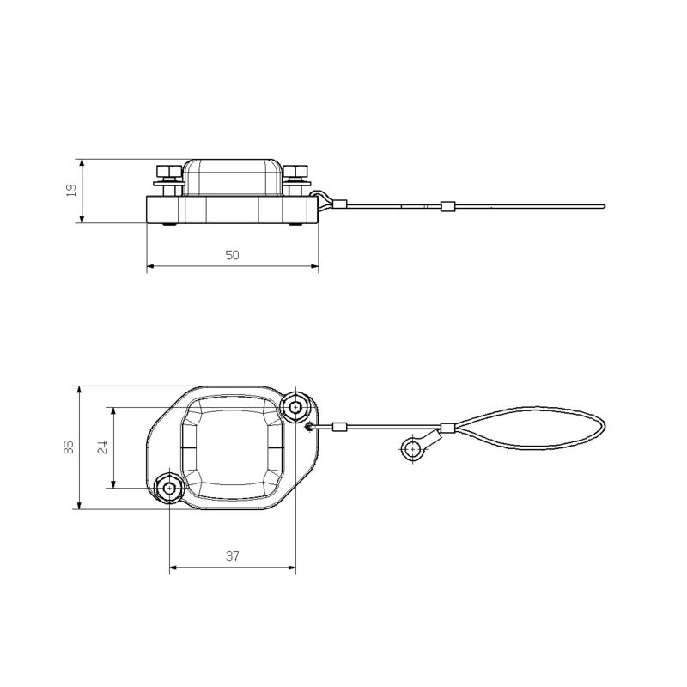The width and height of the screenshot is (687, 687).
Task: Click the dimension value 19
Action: [72, 191]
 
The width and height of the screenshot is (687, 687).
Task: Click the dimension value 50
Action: [232, 255]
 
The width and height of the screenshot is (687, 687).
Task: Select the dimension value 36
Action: [69, 447]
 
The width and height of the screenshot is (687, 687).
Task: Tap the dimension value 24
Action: [101, 447]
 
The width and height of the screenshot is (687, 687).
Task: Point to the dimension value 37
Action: [232, 556]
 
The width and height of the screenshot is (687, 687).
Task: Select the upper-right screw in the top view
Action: [297, 405]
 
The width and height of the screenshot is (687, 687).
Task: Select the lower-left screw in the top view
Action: [168, 489]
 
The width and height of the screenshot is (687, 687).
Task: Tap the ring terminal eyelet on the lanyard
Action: [412, 448]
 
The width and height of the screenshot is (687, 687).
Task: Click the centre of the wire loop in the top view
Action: [532, 427]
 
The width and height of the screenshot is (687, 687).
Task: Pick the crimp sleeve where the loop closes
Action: [447, 428]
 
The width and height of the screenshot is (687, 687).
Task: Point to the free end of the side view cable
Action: [604, 205]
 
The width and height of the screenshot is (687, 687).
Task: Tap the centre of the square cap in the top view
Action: [233, 447]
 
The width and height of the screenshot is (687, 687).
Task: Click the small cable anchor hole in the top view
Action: [310, 426]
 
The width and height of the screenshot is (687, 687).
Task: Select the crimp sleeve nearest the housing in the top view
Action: [340, 427]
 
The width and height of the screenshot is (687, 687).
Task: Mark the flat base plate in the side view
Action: [232, 211]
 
